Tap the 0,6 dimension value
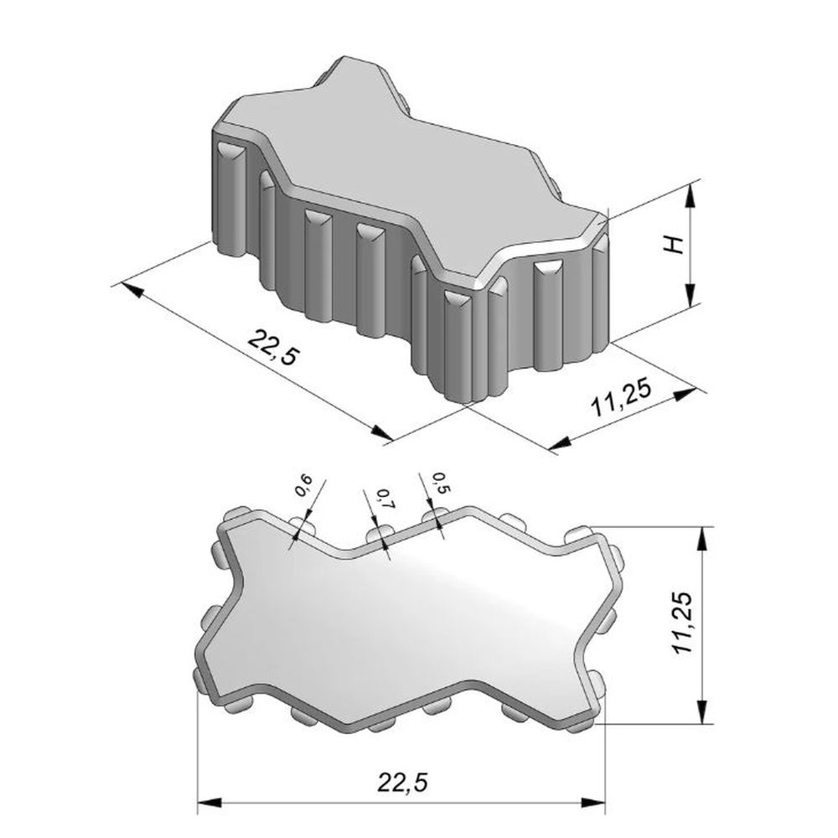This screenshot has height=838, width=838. coord(303,485)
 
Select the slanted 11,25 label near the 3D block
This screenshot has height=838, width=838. coord(621,397)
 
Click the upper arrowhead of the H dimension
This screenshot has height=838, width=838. coord(691,194)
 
